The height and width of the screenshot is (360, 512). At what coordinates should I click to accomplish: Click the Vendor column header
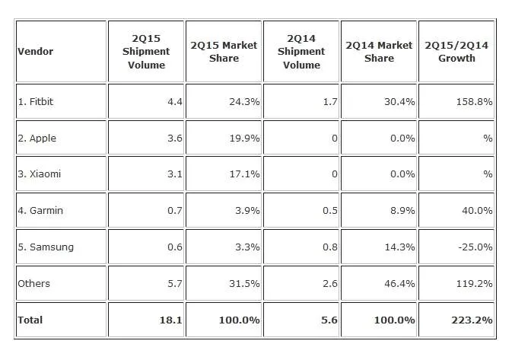[x=35, y=51]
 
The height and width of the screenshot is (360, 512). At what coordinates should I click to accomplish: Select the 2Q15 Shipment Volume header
[x=146, y=52]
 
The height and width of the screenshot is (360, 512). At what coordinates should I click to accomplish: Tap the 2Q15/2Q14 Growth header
[x=456, y=52]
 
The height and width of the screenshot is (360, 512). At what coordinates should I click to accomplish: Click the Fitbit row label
[x=35, y=101]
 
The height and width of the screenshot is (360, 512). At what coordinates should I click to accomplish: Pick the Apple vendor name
[x=37, y=139]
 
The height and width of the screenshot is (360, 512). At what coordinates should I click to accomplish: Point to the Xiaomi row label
[x=40, y=174]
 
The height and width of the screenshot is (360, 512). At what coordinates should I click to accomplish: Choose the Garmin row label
[x=40, y=210]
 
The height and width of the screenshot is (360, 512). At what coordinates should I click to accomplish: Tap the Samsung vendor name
[x=46, y=247]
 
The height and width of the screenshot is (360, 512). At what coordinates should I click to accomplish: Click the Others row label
[x=34, y=283]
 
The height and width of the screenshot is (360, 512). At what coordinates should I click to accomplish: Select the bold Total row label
[x=30, y=320]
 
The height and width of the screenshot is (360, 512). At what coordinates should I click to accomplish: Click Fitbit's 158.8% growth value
[x=474, y=101]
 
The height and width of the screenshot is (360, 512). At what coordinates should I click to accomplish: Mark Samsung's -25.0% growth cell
[x=475, y=247]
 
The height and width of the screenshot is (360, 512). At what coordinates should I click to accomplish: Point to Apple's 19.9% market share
[x=244, y=139]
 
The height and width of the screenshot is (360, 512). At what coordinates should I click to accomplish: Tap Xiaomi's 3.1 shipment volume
[x=175, y=174]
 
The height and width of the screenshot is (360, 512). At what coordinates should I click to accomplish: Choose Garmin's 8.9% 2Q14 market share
[x=402, y=210]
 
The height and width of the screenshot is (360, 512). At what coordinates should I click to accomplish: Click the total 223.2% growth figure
[x=472, y=320]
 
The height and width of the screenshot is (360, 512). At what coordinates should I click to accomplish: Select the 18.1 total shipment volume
[x=170, y=320]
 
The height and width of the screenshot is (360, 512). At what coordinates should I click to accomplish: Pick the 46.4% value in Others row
[x=399, y=283]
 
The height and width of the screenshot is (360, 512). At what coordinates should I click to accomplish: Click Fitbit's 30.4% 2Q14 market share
[x=399, y=101]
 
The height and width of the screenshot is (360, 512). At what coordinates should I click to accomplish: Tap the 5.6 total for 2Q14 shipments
[x=329, y=320]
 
